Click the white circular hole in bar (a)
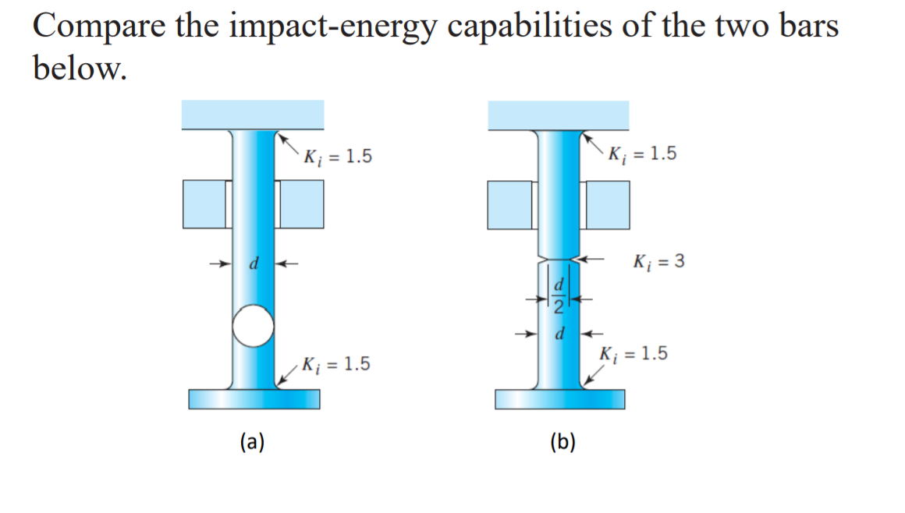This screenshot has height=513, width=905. (253, 325)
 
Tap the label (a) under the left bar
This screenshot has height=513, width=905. (252, 443)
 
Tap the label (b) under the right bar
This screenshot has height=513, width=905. (563, 443)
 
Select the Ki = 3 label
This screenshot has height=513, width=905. (659, 260)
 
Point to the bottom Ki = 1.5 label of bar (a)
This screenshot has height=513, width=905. (335, 364)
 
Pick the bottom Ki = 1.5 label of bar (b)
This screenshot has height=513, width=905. (633, 354)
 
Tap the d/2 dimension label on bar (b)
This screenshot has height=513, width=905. (559, 296)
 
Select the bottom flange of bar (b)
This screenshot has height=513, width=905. (559, 398)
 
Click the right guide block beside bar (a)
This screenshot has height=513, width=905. (301, 203)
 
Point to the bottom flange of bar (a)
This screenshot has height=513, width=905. (254, 398)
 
